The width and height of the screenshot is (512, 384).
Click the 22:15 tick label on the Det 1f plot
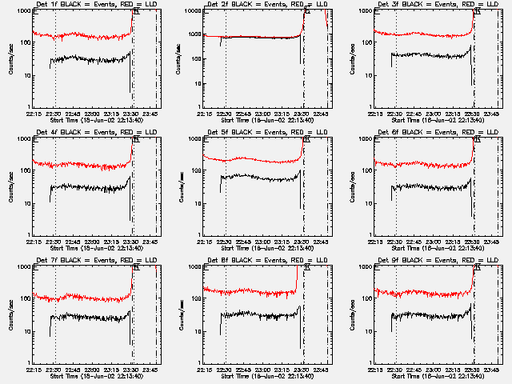pyautogui.click(x=34, y=113)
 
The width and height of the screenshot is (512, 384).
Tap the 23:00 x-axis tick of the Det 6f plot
pyautogui.click(x=434, y=241)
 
